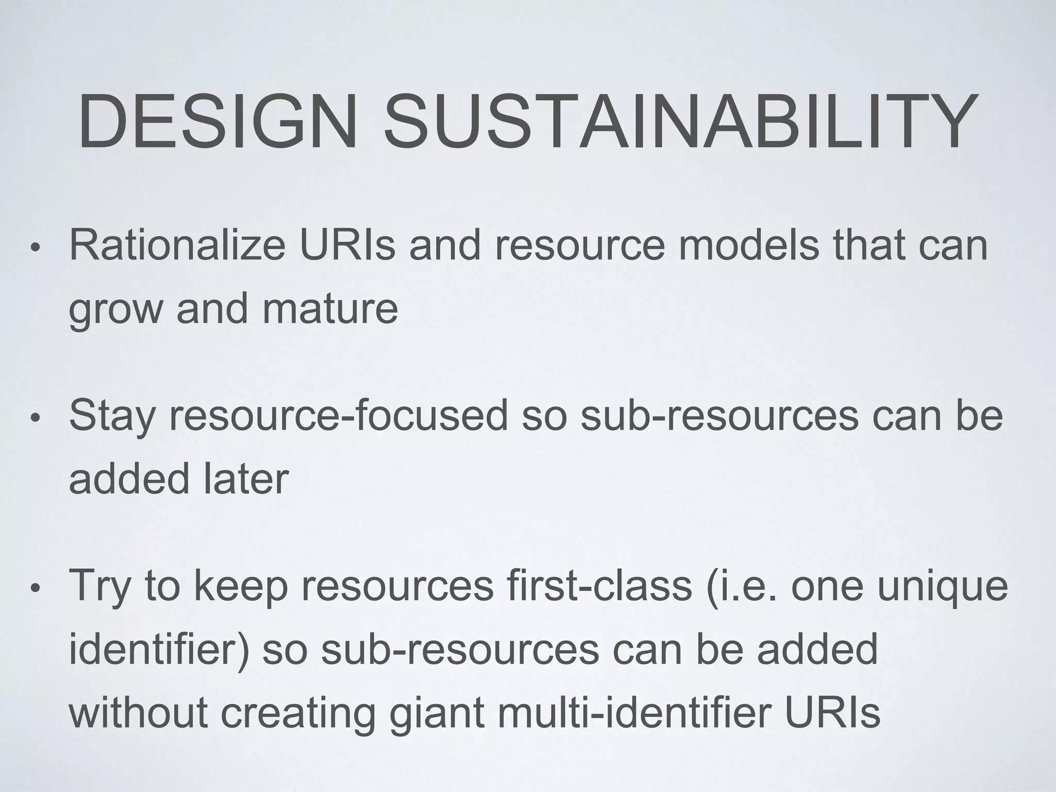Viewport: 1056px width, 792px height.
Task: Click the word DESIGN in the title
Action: click(x=217, y=122)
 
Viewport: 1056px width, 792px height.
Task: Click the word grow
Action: click(x=115, y=311)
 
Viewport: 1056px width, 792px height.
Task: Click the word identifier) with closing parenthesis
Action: click(x=159, y=650)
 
